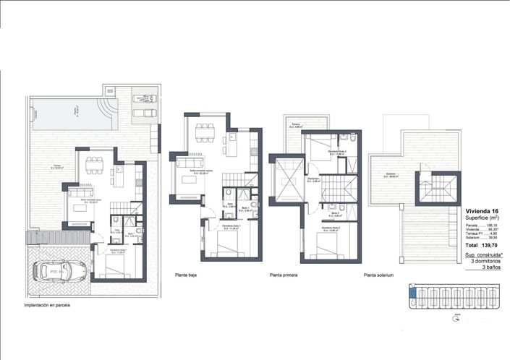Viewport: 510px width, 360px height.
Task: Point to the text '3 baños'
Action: click(492, 268)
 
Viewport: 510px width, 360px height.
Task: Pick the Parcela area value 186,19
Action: click(496, 225)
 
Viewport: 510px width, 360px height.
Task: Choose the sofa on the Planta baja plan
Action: click(182, 174)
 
